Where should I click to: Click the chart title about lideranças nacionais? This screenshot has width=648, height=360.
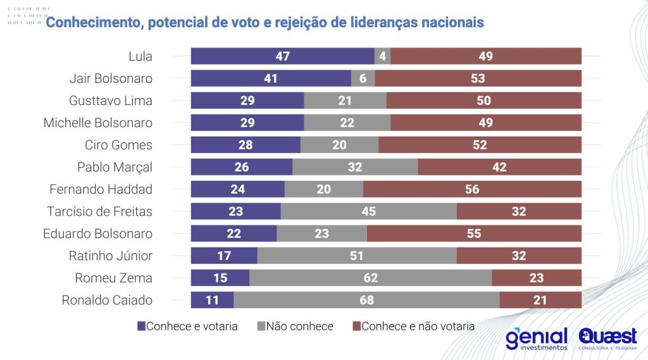[x=265, y=23]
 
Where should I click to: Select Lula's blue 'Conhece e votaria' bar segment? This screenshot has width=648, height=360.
[x=282, y=56]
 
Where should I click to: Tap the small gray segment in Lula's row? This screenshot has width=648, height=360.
[x=382, y=56]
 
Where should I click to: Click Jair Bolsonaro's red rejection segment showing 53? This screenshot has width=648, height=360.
[x=478, y=78]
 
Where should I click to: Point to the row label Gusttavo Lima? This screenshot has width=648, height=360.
[x=111, y=101]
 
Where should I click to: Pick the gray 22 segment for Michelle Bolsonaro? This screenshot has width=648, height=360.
[x=347, y=123]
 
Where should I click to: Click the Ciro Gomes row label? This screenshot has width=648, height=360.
[x=118, y=145]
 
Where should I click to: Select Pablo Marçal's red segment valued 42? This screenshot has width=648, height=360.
[x=499, y=167]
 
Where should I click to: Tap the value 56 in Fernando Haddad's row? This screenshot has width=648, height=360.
[x=472, y=189]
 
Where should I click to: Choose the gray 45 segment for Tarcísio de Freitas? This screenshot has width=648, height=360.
[x=368, y=211]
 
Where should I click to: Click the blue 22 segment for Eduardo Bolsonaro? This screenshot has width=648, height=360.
[x=234, y=233]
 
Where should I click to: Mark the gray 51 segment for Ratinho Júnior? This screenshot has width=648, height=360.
[x=357, y=256]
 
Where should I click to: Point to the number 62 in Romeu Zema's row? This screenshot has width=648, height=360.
[x=370, y=278]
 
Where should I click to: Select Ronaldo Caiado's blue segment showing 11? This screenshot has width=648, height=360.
[x=212, y=300]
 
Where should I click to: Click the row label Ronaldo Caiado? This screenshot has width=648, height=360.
[x=107, y=301]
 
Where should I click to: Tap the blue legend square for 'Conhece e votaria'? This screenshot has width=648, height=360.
[x=141, y=326]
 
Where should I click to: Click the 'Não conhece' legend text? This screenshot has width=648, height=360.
[x=299, y=326]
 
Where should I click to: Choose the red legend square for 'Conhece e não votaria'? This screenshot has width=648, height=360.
[x=356, y=326]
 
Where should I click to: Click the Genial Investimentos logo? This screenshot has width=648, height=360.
[x=536, y=339]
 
